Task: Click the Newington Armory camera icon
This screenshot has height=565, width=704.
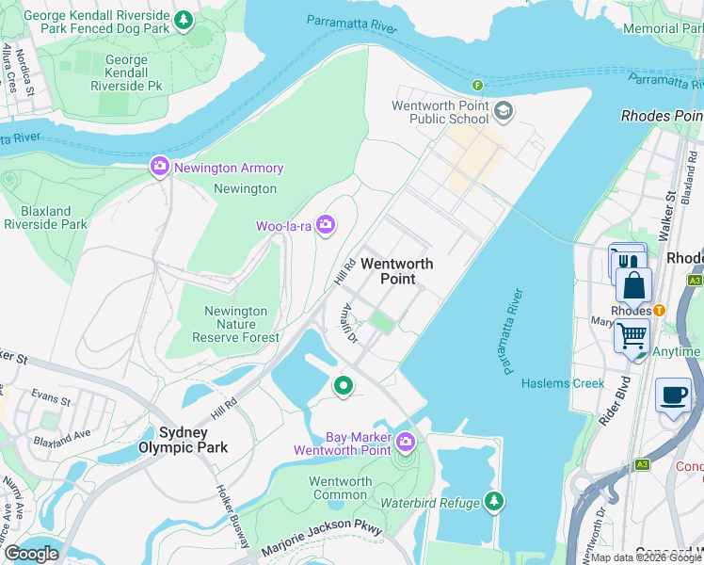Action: [x=159, y=168]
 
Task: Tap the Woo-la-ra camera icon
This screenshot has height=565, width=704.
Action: [x=325, y=224]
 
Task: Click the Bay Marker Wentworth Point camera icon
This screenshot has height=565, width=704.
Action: [x=405, y=441]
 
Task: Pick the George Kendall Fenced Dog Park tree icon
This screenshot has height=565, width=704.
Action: [x=185, y=19]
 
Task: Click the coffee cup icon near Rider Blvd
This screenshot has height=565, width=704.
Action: [x=672, y=395]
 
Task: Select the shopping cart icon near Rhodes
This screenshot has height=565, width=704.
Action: [x=632, y=334]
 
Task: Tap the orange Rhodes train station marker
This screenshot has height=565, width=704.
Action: [x=660, y=310]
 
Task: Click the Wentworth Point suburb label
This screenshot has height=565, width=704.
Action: [x=389, y=271]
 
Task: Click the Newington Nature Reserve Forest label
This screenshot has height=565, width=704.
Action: [x=236, y=324]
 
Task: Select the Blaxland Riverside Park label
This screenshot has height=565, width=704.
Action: [x=45, y=217]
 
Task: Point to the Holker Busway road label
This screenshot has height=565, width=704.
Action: [x=232, y=517]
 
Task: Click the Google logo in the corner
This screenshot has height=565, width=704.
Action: [x=31, y=554]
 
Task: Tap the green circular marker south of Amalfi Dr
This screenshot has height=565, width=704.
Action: [x=344, y=385]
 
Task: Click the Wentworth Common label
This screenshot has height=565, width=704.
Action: [x=341, y=489]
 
